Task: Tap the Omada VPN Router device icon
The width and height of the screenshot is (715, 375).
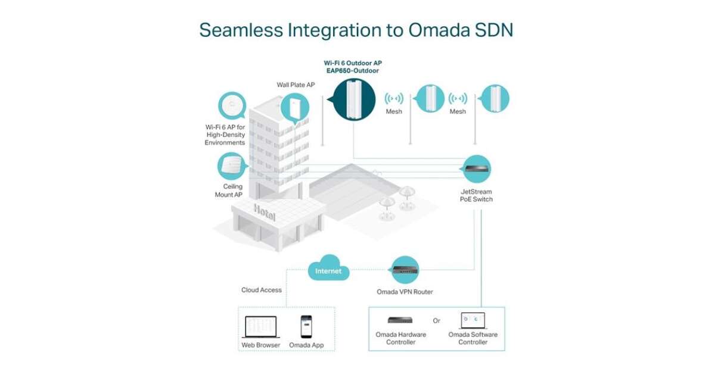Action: click(405, 271)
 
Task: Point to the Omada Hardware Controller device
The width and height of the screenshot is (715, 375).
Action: click(400, 320)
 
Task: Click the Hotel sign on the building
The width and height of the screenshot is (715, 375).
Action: click(265, 210)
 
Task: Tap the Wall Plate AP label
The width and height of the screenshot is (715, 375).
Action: click(296, 85)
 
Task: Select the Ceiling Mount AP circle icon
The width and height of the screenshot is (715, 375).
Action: click(232, 167)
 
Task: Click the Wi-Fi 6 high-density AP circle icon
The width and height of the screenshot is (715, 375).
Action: click(233, 107)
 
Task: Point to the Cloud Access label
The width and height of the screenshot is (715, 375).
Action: click(262, 290)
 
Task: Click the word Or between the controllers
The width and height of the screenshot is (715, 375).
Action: click(437, 321)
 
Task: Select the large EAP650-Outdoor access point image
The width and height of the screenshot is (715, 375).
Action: click(353, 99)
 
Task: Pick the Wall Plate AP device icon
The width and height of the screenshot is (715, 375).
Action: click(296, 108)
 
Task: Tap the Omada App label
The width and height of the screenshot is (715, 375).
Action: click(306, 345)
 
